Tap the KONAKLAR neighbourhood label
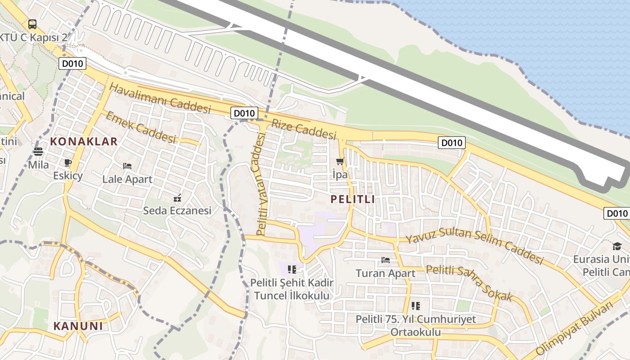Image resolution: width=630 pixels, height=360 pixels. click(84, 141)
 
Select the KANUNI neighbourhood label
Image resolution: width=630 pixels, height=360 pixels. click(78, 326)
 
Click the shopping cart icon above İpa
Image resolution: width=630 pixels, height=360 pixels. click(340, 161)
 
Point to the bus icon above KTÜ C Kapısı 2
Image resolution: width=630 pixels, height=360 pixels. click(32, 24)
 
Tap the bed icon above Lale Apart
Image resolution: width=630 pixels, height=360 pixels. click(127, 166)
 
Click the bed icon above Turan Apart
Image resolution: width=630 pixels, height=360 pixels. click(385, 260)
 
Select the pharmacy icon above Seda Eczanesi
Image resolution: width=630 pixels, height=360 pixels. click(177, 198)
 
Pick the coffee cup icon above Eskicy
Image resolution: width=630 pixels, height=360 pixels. click(68, 162)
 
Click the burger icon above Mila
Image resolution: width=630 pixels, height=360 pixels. click(38, 152)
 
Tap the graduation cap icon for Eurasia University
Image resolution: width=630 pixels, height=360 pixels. click(616, 246)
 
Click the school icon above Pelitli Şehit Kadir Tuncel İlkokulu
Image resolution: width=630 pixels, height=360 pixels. click(292, 270)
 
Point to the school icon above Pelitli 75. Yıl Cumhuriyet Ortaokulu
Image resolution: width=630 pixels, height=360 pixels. click(415, 306)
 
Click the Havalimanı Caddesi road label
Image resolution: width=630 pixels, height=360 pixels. click(160, 98)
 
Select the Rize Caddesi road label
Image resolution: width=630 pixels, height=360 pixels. click(304, 129)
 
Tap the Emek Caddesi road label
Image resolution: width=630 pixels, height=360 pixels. click(140, 127)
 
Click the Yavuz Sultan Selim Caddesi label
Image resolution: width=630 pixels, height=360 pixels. click(474, 246)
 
